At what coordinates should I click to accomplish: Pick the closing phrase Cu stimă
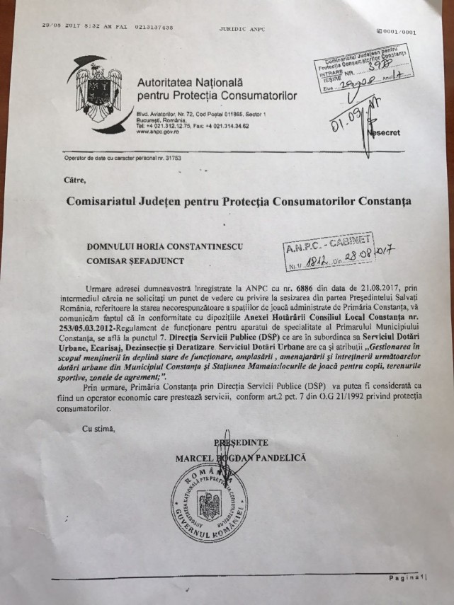point(100,428)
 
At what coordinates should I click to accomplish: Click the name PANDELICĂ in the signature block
point(277,459)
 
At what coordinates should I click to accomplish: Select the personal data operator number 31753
point(172,157)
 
